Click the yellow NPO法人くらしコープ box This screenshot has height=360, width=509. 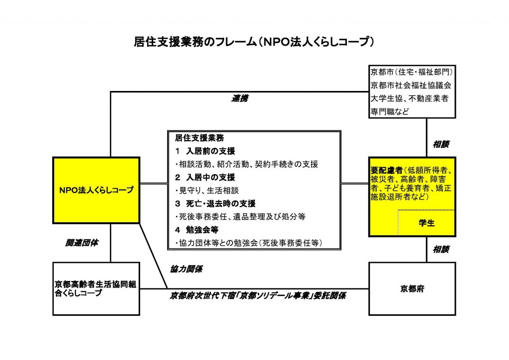(96, 190)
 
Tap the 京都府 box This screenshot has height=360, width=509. (412, 288)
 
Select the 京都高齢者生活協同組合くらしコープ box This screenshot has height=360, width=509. (96, 288)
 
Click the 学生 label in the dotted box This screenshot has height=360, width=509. (426, 223)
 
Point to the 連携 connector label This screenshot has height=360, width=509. (240, 98)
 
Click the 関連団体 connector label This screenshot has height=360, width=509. (82, 243)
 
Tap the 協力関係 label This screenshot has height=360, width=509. (186, 269)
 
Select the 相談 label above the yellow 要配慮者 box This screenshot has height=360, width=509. (441, 145)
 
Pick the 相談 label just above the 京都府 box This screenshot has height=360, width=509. (441, 249)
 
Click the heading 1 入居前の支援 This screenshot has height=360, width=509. (205, 151)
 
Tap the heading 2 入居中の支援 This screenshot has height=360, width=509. (205, 177)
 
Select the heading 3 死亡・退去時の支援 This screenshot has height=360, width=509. (215, 203)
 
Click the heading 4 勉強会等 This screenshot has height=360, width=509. (197, 230)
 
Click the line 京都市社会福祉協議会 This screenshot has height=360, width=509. (411, 86)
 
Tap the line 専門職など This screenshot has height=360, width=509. (390, 112)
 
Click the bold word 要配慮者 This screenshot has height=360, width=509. (387, 170)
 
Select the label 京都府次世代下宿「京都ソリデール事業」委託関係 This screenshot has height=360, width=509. (258, 296)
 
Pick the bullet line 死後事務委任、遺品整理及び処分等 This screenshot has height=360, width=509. (241, 216)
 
